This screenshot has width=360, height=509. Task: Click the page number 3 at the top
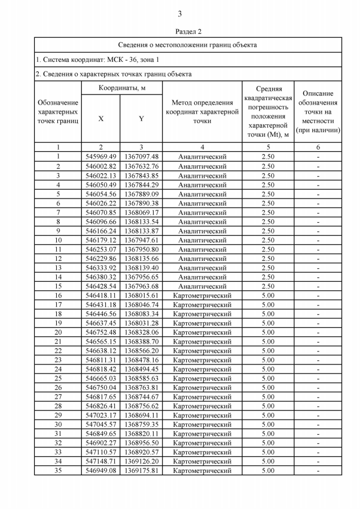179,14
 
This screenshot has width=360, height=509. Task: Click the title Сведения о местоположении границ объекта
187,44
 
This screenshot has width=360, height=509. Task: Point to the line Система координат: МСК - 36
97,59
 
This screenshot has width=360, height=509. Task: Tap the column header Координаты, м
122,88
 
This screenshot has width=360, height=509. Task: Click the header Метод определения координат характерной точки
202,111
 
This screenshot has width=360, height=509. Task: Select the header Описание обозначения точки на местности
318,111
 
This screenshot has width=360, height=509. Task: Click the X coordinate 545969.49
101,156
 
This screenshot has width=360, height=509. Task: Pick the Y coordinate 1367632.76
141,166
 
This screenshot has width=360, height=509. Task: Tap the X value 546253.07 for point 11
101,249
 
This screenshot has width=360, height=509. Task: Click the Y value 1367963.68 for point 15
141,286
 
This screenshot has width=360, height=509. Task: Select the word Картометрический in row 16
202,295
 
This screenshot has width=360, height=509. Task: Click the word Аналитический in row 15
202,286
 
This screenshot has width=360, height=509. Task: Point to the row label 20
58,332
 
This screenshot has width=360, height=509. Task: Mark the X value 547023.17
101,416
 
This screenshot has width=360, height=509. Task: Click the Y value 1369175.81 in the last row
141,471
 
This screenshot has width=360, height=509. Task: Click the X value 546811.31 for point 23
101,360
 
